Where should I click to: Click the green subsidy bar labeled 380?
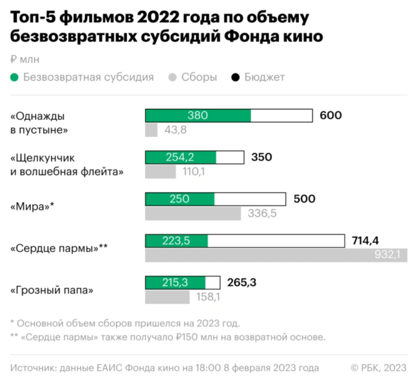click(198, 115)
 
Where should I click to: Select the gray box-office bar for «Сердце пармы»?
click(276, 256)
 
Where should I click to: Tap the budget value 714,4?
click(365, 241)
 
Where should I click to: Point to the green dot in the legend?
click(14, 78)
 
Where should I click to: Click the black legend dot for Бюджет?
click(235, 78)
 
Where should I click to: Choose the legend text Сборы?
click(199, 78)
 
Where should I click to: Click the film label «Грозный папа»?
click(52, 290)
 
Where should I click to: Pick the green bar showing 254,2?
click(181, 158)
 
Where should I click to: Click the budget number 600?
click(331, 115)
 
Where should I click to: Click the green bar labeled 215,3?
click(175, 283)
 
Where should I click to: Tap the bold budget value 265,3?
click(242, 283)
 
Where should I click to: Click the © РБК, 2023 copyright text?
click(378, 368)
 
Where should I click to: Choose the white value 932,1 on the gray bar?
click(390, 256)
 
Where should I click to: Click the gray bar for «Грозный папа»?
click(167, 297)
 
